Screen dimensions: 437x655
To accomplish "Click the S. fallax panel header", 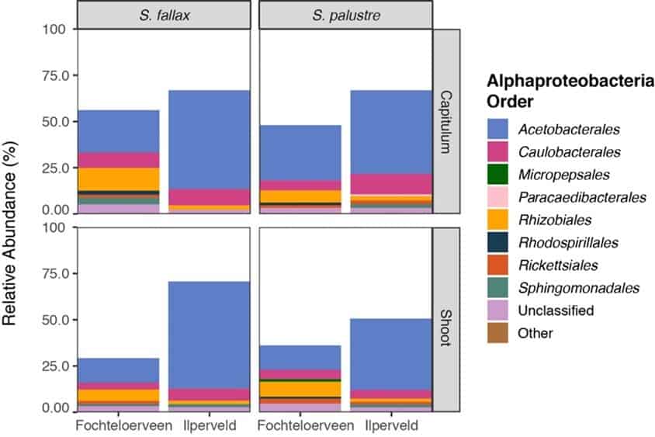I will (x=164, y=13).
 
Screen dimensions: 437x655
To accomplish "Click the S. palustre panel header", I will (x=345, y=13).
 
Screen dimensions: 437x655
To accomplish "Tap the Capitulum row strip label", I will (x=446, y=120).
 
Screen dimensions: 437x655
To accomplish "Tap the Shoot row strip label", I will (x=446, y=318).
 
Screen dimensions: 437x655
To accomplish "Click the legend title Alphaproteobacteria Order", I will (x=567, y=92).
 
